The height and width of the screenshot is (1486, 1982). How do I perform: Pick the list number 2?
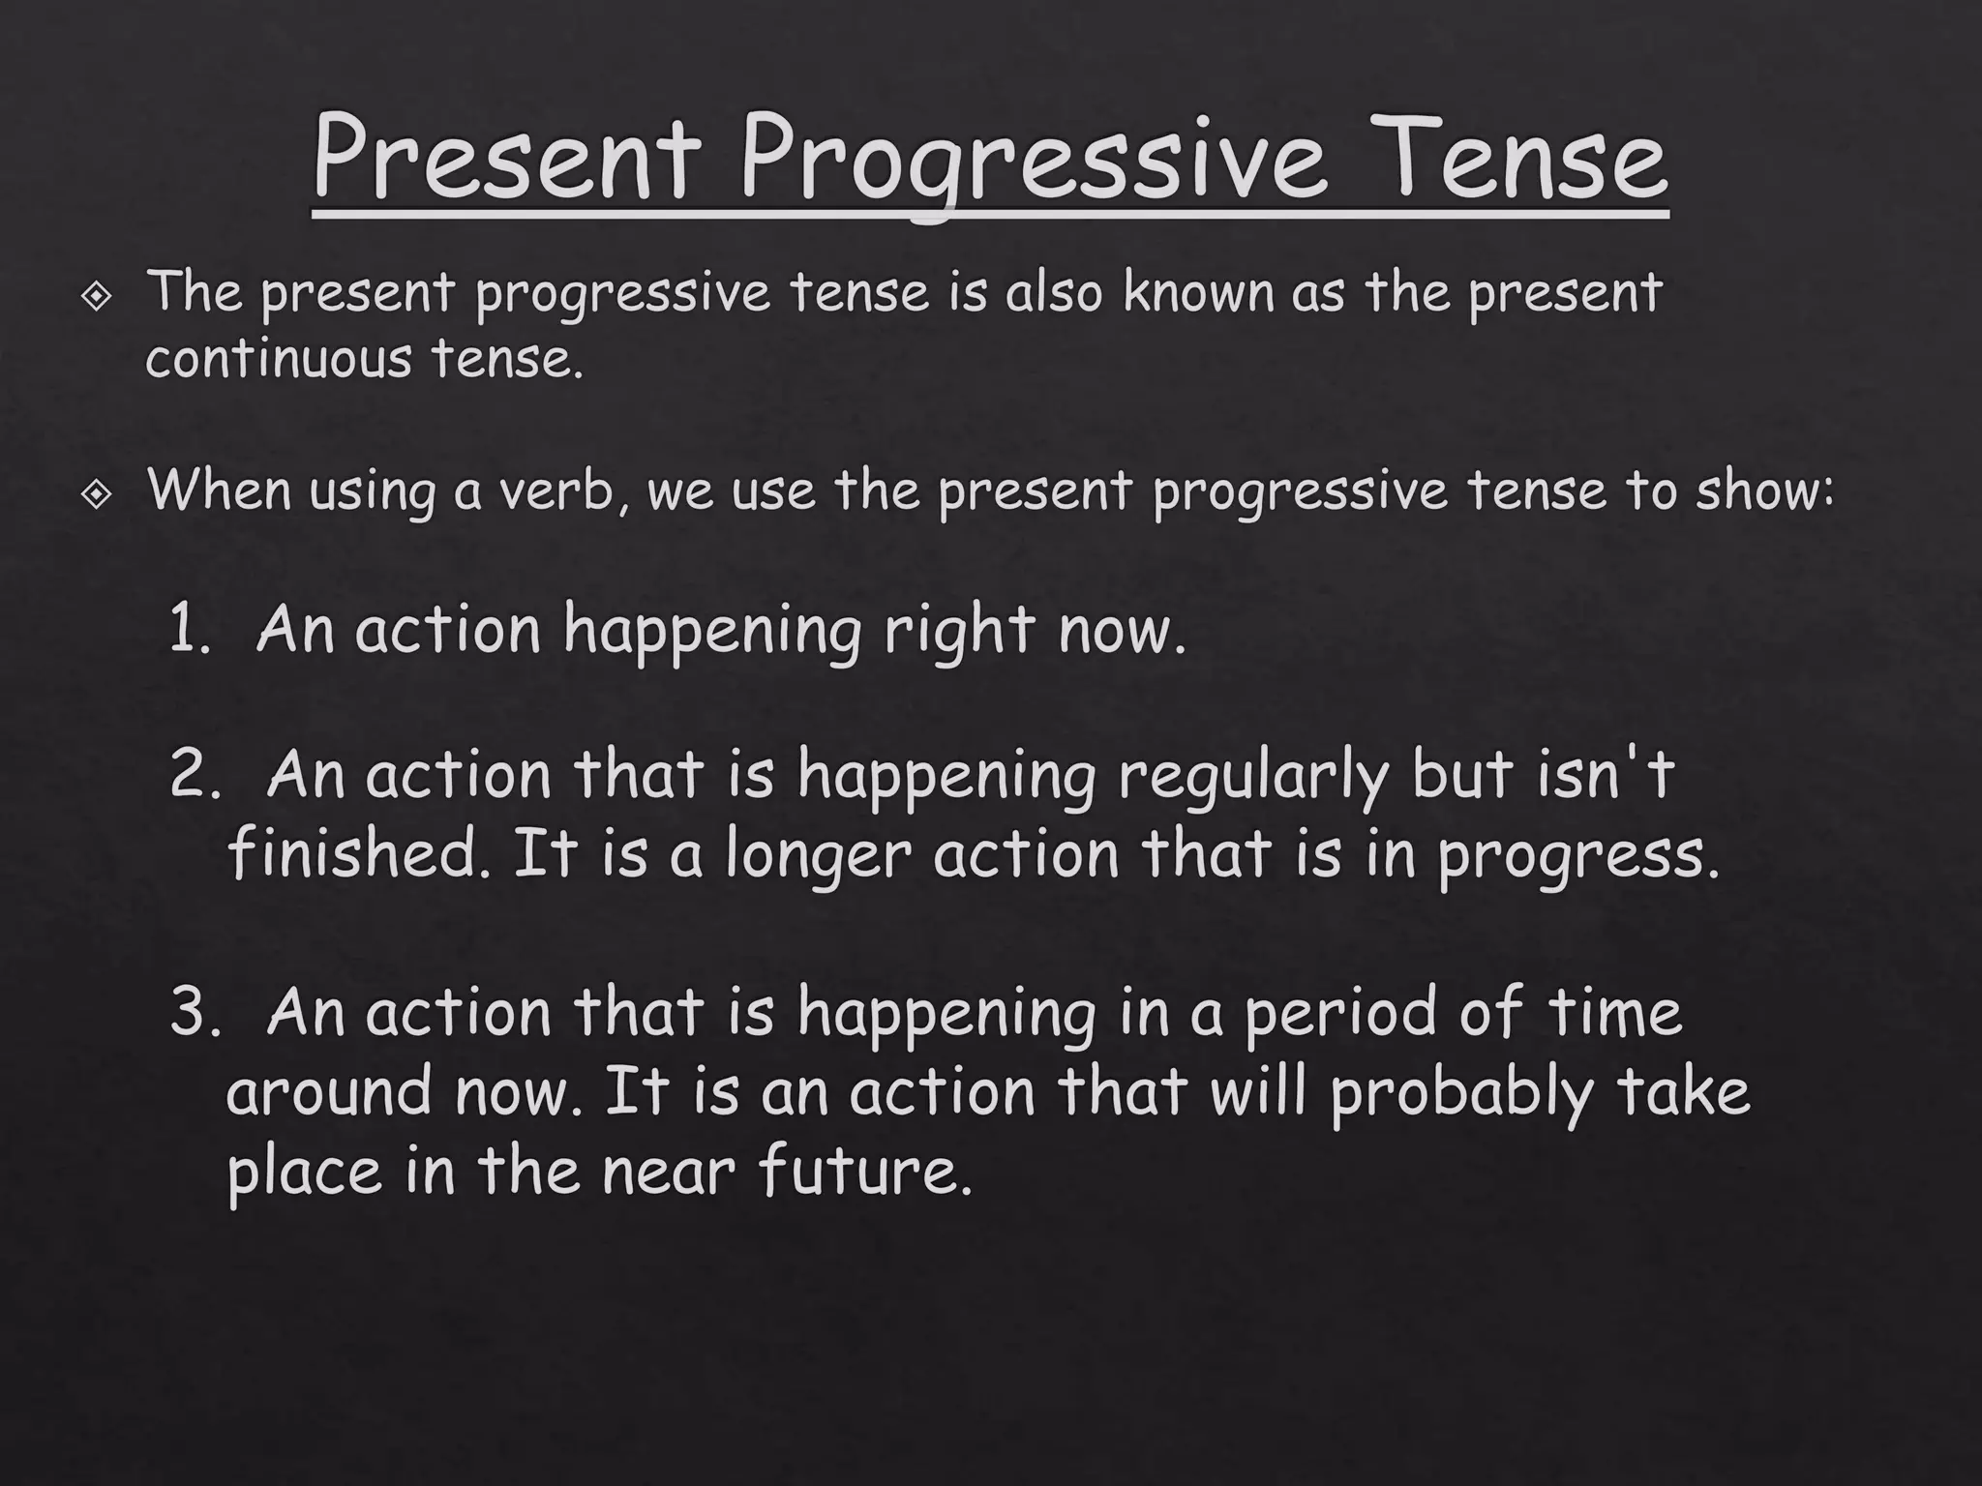(x=195, y=777)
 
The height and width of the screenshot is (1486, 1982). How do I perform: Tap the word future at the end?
(x=864, y=1172)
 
